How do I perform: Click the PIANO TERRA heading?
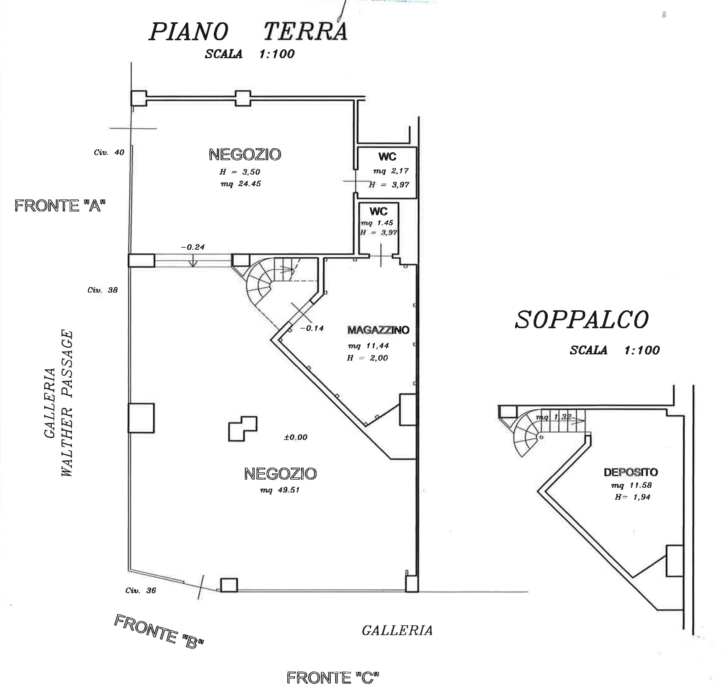click(x=248, y=32)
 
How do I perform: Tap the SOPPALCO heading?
click(x=582, y=320)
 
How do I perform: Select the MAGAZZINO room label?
click(x=378, y=330)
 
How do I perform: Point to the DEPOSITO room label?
click(x=631, y=472)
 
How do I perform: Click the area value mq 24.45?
click(x=241, y=183)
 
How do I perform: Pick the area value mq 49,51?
click(x=280, y=490)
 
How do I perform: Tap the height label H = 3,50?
click(x=240, y=172)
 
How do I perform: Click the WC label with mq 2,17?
click(x=387, y=157)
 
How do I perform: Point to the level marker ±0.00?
click(x=295, y=437)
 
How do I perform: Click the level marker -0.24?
click(x=193, y=247)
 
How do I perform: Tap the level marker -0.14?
click(x=312, y=328)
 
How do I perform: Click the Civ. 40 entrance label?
click(x=109, y=152)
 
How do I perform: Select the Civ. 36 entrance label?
click(x=141, y=590)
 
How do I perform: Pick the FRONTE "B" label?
click(x=159, y=631)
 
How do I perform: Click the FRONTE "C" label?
click(x=332, y=677)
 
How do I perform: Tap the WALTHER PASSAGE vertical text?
click(x=67, y=403)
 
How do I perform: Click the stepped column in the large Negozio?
click(x=243, y=429)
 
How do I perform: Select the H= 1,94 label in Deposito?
click(x=632, y=497)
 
